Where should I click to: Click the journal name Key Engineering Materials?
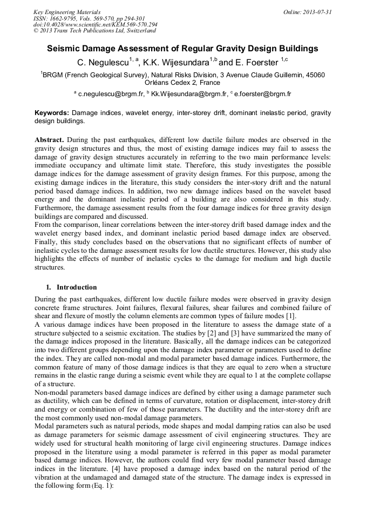[67, 11]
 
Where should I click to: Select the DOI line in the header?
[96, 24]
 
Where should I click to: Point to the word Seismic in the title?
[66, 49]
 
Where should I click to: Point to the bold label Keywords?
[52, 113]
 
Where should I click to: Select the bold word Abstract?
[50, 139]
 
